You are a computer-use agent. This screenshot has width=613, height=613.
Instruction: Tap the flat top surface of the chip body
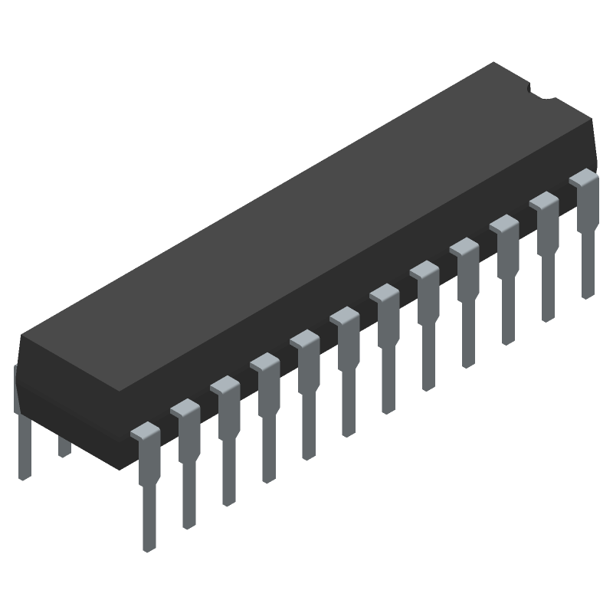coord(306,230)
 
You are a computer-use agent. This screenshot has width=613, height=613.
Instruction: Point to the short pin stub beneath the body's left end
coord(64,447)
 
